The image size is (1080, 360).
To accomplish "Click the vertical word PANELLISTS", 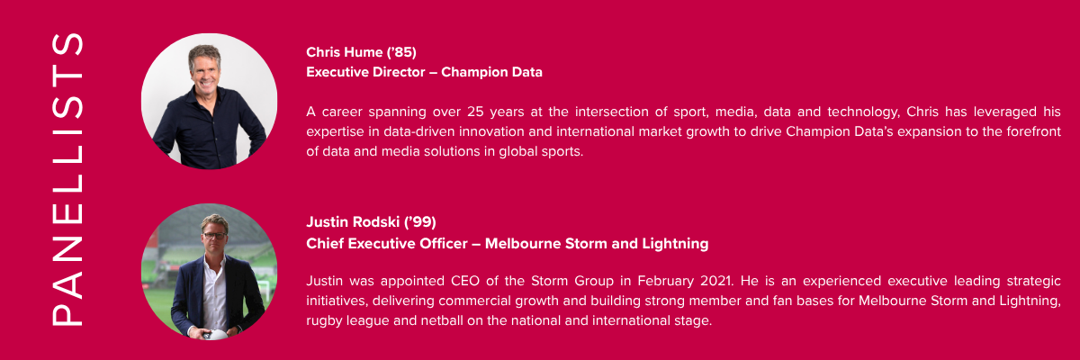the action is pos(67,179).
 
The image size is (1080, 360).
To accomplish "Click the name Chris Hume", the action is pos(344,52).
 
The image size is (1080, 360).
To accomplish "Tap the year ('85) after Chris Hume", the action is pos(401,52).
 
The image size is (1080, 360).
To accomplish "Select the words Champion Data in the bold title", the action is pos(491,72).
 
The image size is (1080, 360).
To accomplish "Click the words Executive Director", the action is pos(365,72).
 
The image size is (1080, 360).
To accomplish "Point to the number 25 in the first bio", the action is pos(475,112).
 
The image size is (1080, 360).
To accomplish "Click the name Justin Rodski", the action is pos(353,222).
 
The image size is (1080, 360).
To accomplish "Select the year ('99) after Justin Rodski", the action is pos(420,222).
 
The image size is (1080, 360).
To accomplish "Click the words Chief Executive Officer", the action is pos(387,243).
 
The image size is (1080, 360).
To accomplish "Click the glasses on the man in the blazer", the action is pos(214,236).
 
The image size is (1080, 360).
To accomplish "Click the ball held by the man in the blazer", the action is pos(214,335).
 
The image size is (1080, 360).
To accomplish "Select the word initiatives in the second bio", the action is pos(337,301).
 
